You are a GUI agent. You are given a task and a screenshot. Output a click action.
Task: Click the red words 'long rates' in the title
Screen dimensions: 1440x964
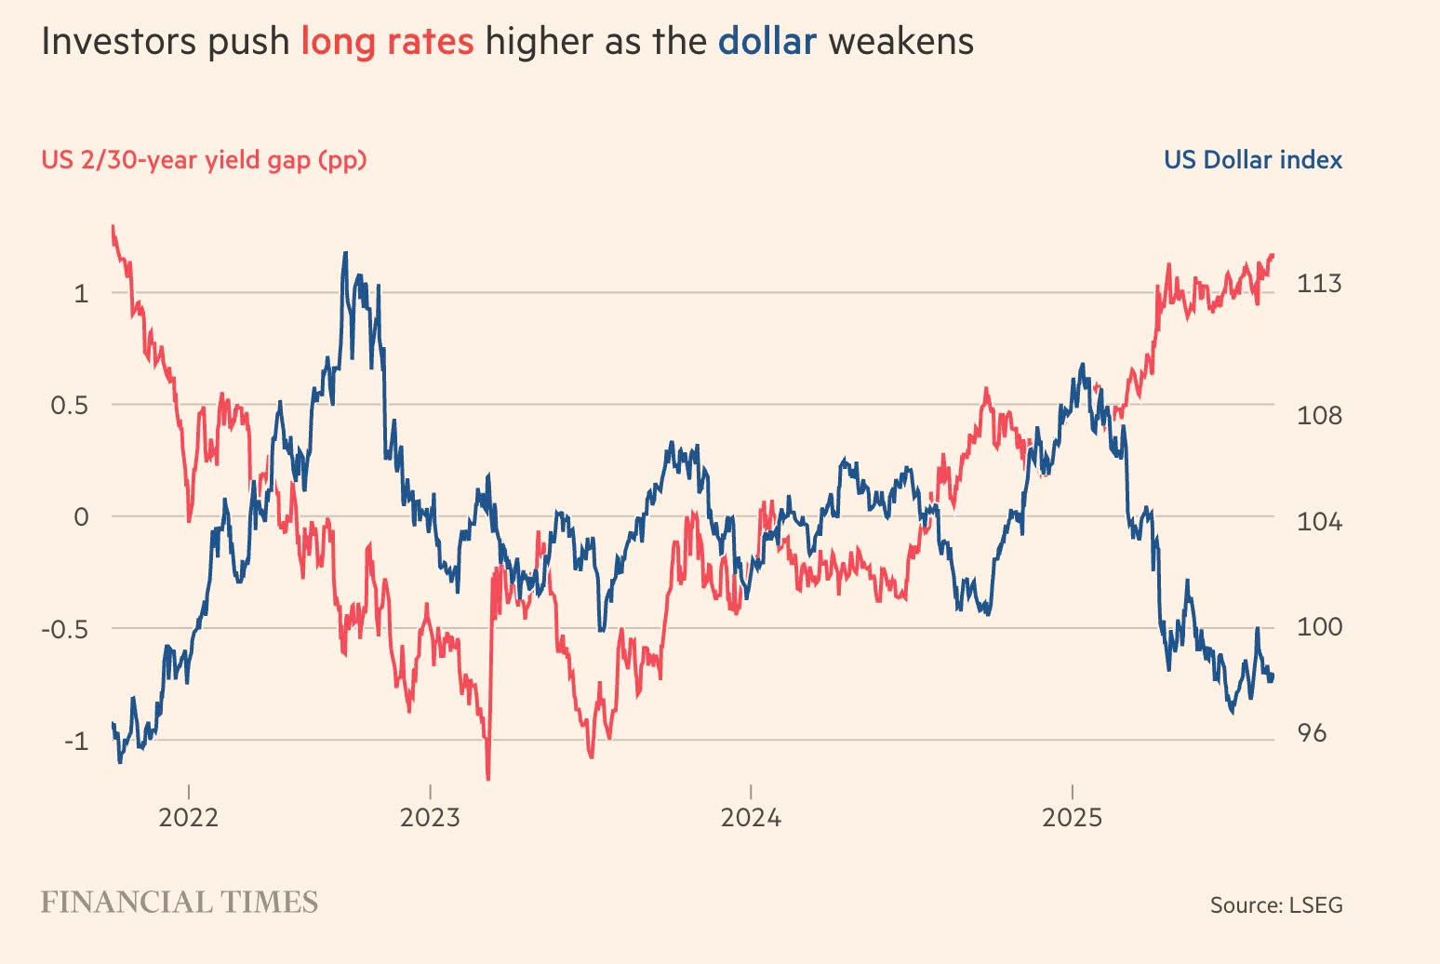click(387, 42)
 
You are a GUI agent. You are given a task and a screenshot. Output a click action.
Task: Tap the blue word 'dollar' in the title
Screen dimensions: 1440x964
click(767, 42)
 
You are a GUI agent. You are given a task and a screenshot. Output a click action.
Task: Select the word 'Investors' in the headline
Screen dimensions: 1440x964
click(118, 42)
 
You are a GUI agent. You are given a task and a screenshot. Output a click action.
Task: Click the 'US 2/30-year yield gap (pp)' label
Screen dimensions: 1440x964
click(204, 160)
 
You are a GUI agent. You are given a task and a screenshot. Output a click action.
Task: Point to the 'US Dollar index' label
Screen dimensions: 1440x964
click(1253, 160)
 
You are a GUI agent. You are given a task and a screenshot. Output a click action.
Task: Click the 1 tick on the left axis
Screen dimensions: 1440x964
click(81, 294)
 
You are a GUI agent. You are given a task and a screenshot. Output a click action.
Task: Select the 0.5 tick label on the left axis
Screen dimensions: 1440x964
click(70, 406)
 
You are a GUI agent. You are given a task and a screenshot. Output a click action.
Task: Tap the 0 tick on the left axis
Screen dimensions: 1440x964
click(81, 517)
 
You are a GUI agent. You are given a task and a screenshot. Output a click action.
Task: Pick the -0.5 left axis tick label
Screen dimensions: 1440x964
click(64, 630)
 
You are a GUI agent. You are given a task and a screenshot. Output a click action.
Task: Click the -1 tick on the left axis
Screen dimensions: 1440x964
click(76, 742)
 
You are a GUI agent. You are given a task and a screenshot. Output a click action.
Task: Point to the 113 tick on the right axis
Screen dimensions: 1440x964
click(1319, 284)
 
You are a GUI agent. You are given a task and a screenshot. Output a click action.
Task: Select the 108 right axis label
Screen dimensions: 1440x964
click(1319, 416)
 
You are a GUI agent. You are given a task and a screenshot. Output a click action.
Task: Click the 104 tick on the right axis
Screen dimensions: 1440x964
click(1319, 522)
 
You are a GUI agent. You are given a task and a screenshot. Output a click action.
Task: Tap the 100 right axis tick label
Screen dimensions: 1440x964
click(1319, 627)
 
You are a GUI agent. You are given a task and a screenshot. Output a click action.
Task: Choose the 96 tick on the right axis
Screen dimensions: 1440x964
click(1312, 733)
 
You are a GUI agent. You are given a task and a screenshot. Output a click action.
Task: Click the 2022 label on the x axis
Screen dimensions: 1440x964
click(188, 818)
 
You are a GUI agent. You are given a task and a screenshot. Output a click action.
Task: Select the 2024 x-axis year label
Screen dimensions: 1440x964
click(751, 818)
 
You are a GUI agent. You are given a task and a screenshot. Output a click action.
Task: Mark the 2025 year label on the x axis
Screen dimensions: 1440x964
click(1073, 818)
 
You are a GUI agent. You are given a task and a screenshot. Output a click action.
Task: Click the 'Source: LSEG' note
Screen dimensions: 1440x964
click(1276, 904)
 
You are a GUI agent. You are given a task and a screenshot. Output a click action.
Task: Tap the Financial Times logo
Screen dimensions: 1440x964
click(180, 902)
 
